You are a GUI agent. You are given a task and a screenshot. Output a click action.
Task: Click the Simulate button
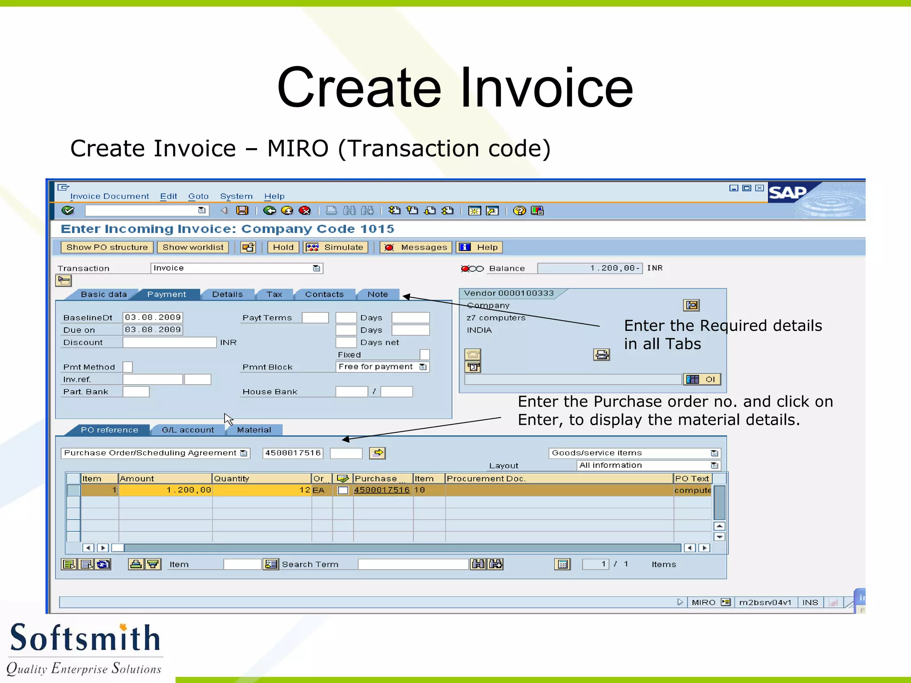point(335,247)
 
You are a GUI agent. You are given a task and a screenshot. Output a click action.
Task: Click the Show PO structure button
point(107,247)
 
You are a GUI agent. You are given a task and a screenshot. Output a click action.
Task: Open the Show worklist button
point(193,247)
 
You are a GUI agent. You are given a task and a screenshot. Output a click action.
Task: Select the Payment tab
point(167,294)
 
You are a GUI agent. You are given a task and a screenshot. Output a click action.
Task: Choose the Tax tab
point(274,294)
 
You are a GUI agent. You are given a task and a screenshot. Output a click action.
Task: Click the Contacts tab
point(324,294)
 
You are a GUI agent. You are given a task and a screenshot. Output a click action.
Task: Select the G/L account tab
point(188,430)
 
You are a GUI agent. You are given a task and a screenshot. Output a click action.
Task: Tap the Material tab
point(254,430)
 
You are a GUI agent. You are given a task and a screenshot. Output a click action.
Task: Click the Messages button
point(416,247)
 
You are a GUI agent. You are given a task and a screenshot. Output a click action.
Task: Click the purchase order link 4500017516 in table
point(382,490)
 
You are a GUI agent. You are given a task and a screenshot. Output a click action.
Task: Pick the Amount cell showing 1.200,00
point(165,490)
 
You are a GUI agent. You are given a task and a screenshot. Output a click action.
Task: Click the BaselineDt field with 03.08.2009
point(153,317)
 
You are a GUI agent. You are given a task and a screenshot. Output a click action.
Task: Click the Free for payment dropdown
point(382,367)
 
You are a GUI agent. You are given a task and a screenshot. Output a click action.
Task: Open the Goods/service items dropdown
point(634,453)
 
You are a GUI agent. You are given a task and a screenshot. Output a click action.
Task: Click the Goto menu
point(198,196)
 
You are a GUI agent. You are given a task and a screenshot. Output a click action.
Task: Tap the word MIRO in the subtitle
point(298,149)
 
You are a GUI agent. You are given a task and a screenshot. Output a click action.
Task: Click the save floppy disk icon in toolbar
point(242,211)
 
